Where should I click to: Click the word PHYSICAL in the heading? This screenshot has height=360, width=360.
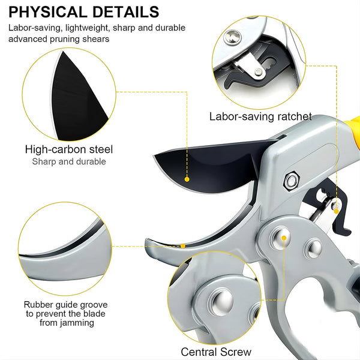tap(47, 12)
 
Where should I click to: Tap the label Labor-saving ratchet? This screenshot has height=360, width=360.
tap(260, 116)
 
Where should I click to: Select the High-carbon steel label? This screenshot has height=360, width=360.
tap(69, 149)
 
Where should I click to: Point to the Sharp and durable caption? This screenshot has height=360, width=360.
tap(69, 161)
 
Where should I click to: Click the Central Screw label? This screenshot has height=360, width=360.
tap(216, 352)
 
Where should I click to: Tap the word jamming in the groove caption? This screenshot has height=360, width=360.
tap(67, 323)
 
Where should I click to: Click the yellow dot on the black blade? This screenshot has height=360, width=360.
tap(187, 179)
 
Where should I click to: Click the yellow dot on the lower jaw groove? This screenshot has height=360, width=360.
tap(183, 246)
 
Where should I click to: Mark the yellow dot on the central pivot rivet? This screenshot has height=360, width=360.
tap(284, 238)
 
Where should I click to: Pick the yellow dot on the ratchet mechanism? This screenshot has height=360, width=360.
tap(336, 211)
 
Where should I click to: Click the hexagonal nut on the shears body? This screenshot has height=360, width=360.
tap(291, 181)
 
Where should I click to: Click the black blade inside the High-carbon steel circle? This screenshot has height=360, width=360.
tap(77, 99)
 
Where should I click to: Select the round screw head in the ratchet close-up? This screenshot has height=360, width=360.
tap(232, 37)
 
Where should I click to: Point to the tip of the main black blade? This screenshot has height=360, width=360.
tap(154, 157)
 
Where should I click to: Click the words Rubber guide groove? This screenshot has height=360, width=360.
tap(65, 305)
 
